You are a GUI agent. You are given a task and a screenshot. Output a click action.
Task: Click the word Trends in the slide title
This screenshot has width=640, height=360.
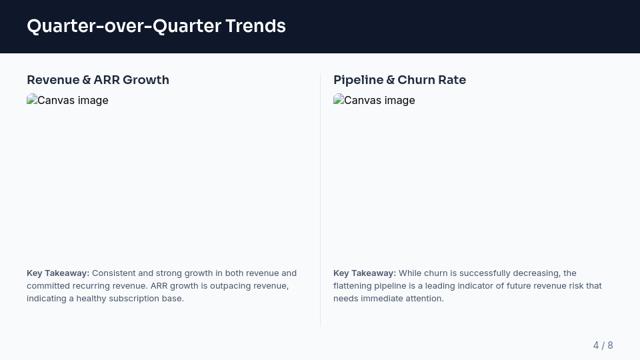pyautogui.click(x=255, y=26)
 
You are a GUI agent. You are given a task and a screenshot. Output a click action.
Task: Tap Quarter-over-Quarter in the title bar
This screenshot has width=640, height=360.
pyautogui.click(x=123, y=26)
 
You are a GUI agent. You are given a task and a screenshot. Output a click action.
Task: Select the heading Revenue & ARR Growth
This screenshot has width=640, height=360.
pyautogui.click(x=98, y=80)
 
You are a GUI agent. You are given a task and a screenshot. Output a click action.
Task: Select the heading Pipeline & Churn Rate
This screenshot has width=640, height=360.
pyautogui.click(x=399, y=80)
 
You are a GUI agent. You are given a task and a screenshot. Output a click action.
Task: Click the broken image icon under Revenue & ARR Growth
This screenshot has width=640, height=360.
pyautogui.click(x=31, y=100)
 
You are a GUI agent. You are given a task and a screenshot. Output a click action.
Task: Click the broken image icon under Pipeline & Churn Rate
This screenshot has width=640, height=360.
pyautogui.click(x=338, y=100)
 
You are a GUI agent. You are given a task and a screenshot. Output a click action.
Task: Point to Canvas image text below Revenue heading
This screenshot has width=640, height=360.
pyautogui.click(x=73, y=101)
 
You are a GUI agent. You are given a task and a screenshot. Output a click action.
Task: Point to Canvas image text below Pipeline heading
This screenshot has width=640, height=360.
pyautogui.click(x=379, y=101)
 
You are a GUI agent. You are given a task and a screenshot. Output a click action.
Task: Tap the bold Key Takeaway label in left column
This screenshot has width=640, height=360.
pyautogui.click(x=58, y=273)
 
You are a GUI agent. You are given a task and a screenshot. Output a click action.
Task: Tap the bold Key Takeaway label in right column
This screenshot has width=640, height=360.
pyautogui.click(x=365, y=273)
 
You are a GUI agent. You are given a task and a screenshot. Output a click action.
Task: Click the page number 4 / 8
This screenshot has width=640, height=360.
pyautogui.click(x=603, y=345)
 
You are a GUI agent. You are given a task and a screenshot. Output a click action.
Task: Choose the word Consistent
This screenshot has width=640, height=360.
pyautogui.click(x=113, y=273)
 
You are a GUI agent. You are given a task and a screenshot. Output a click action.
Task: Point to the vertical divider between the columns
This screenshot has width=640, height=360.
pyautogui.click(x=320, y=200)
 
